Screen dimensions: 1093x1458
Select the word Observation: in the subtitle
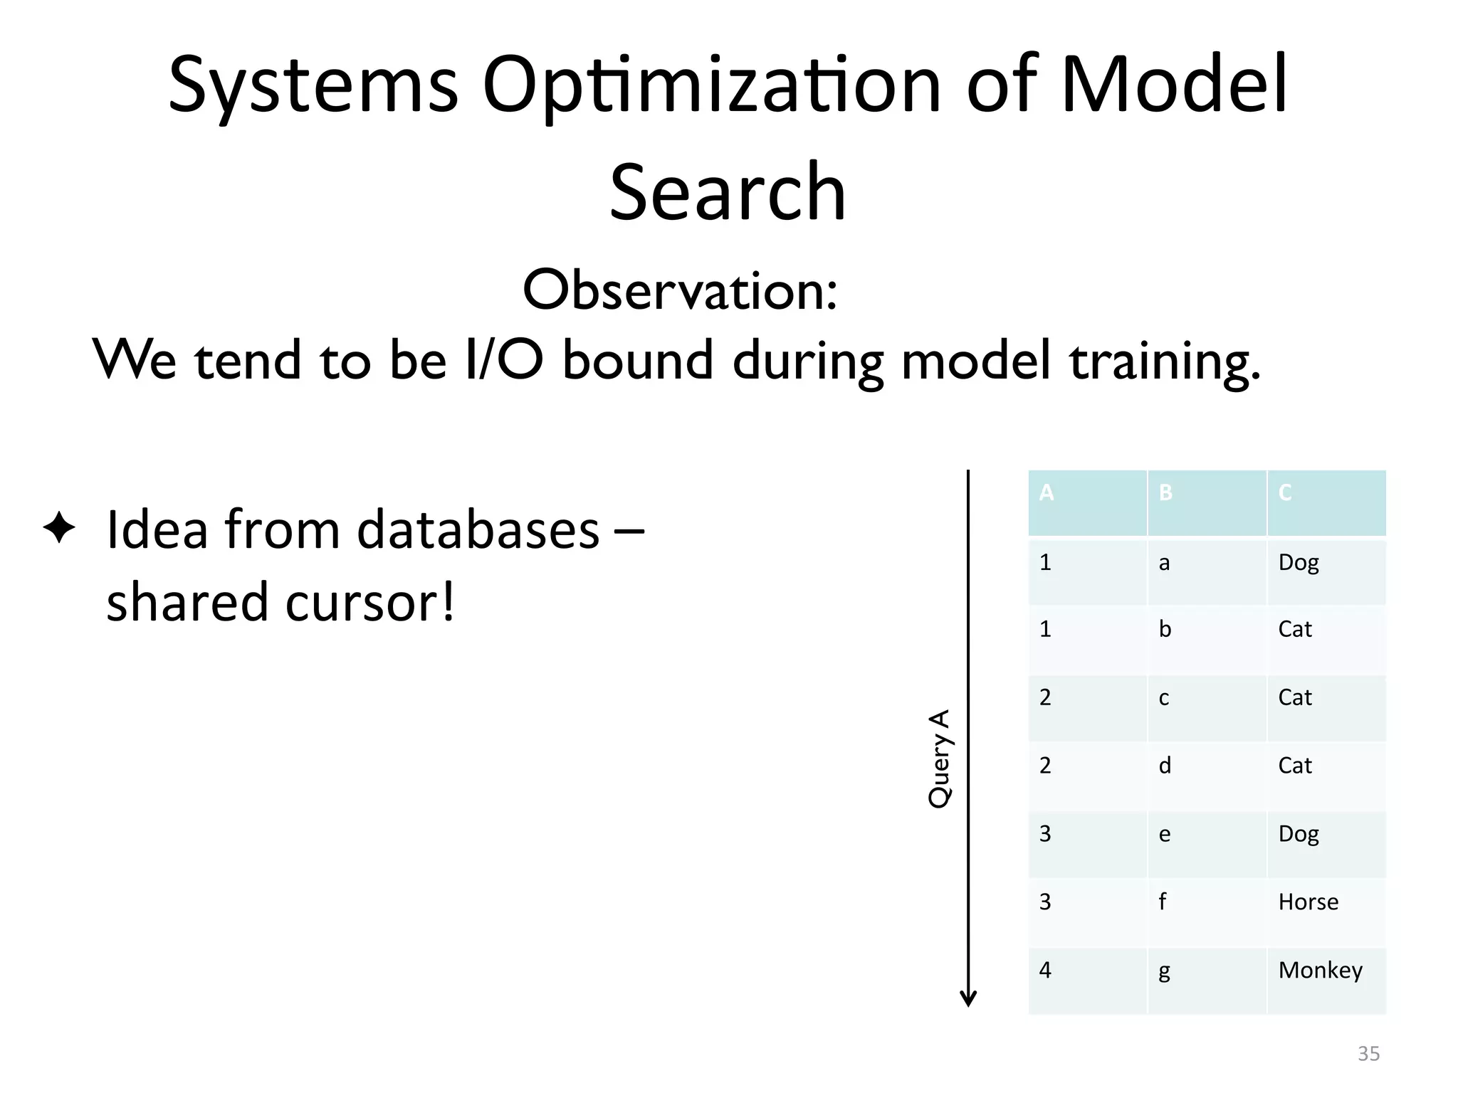coord(680,291)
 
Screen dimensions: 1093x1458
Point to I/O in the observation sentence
coord(503,360)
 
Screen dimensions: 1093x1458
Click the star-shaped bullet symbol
coord(59,529)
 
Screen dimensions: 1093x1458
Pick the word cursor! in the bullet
coord(369,602)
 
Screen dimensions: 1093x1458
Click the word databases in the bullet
coord(478,530)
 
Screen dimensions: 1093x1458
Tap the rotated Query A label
coord(939,758)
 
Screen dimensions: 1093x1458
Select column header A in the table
coord(1046,492)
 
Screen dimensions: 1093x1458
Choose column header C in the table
coord(1285,492)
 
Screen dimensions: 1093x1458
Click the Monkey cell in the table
coord(1320,970)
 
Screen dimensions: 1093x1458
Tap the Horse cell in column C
coord(1308,902)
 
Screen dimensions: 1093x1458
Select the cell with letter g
coord(1164,971)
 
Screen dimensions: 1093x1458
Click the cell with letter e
coord(1164,834)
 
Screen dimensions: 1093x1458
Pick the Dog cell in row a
coord(1299,563)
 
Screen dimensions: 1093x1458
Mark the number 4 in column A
coord(1045,970)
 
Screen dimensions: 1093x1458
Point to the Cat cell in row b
coord(1294,629)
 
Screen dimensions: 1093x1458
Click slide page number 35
coord(1368,1053)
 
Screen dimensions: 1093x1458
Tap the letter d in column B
coord(1165,766)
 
